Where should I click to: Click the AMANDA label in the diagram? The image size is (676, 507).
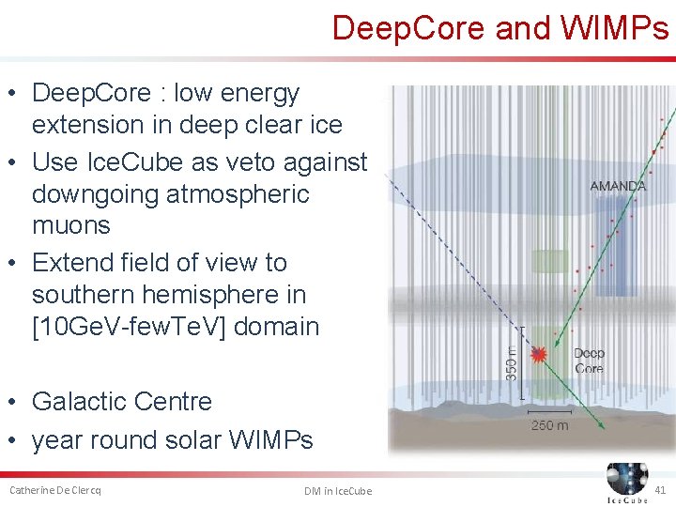point(618,186)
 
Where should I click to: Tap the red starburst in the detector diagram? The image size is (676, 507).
point(539,354)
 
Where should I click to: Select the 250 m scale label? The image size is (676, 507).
point(549,425)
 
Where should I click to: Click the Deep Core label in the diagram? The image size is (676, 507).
point(589,361)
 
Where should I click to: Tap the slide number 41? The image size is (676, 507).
point(660,490)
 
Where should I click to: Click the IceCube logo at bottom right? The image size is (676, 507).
point(626,482)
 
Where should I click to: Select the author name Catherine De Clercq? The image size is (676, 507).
point(54,490)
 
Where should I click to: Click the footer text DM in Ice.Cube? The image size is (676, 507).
point(338,491)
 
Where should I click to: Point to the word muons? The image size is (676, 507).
point(70,225)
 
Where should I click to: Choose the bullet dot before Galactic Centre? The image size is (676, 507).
point(15,402)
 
